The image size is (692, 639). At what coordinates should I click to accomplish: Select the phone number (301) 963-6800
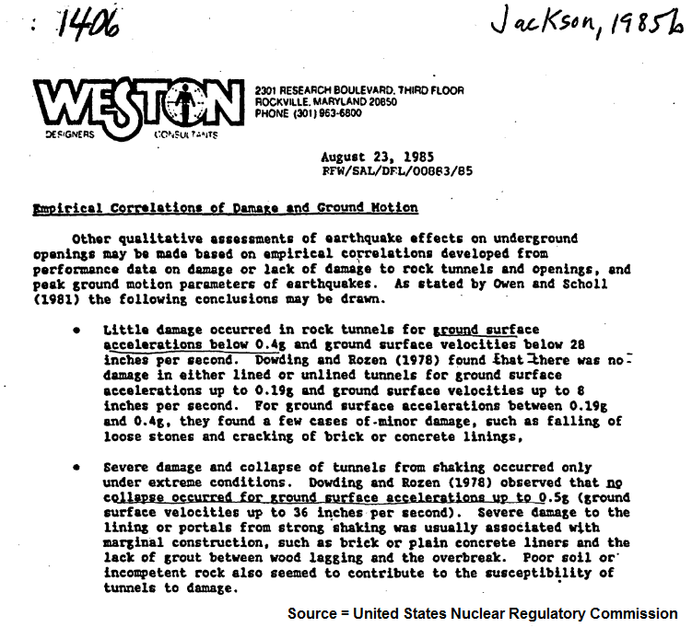[308, 113]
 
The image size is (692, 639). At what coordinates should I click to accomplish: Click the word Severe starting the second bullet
[124, 469]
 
